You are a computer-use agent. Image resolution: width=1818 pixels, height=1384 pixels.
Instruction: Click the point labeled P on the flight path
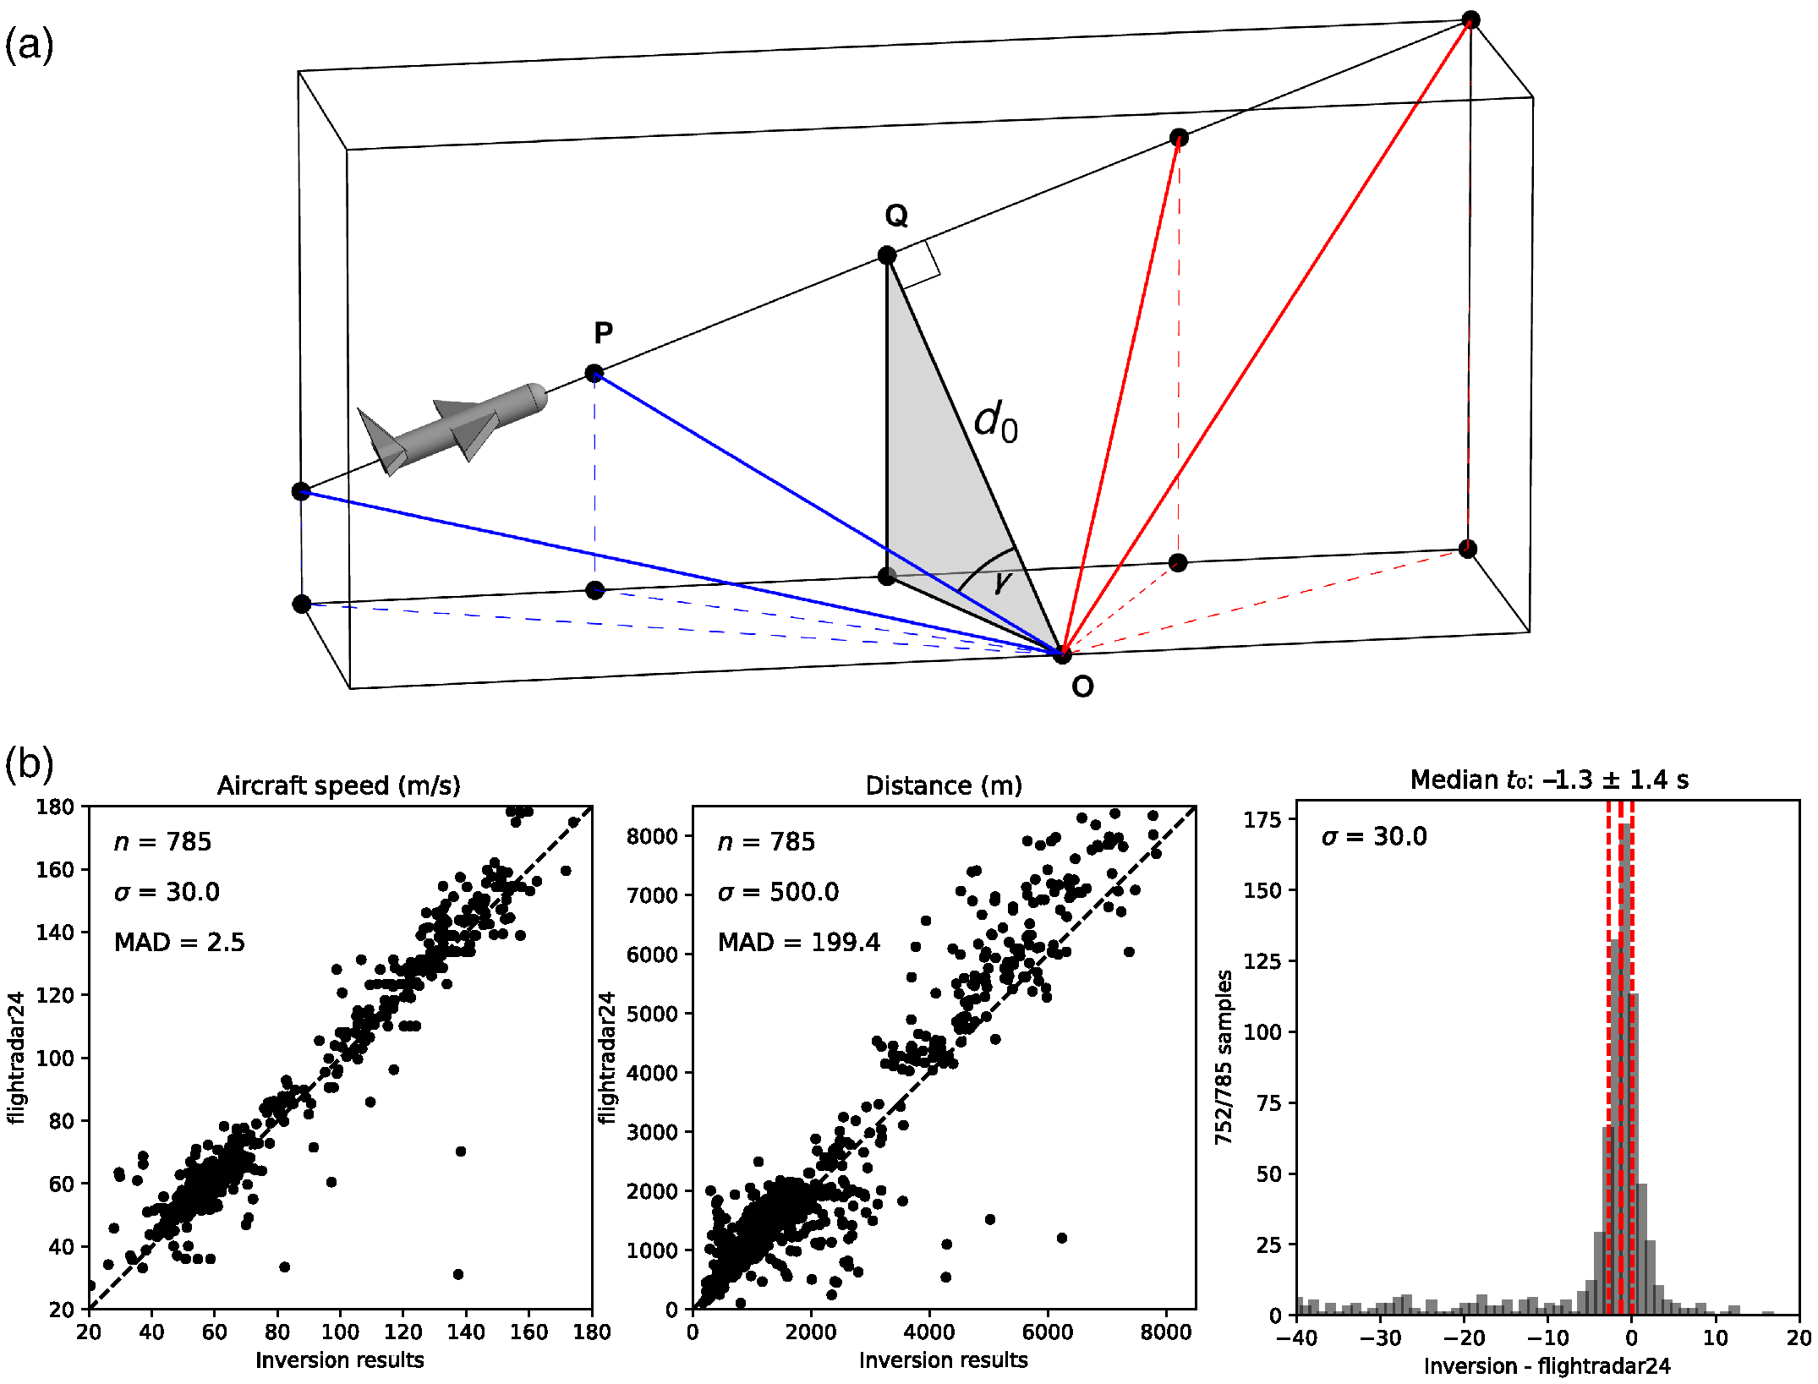coord(594,374)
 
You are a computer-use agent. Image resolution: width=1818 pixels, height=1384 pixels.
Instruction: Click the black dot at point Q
coord(886,255)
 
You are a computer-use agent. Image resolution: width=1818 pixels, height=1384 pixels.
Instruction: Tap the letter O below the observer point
coord(1082,687)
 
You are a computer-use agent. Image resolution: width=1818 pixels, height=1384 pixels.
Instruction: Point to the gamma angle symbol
coord(1003,581)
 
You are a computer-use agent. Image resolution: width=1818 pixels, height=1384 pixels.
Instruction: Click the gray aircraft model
coord(452,428)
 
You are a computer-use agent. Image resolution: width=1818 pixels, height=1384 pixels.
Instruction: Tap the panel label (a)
coord(29,44)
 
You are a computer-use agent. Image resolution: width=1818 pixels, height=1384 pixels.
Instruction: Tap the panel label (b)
coord(29,763)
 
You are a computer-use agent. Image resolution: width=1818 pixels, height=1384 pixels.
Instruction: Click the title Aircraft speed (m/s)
coord(338,785)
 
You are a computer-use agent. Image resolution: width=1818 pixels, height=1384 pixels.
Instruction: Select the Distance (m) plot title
coord(944,785)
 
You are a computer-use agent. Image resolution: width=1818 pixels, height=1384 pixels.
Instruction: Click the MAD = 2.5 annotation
coord(179,942)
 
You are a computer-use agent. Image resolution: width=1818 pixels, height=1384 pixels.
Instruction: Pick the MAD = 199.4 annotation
coord(798,942)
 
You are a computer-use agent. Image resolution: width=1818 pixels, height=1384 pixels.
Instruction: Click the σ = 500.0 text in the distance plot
coord(778,892)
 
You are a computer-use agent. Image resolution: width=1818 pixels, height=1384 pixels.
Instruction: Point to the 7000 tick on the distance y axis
coord(652,894)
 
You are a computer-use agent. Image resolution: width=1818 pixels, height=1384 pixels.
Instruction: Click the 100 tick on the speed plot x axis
coord(340,1332)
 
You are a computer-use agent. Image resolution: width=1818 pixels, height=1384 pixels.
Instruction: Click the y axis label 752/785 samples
coord(1224,1057)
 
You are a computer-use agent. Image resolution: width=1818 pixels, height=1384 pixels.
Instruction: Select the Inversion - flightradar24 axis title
coord(1547,1366)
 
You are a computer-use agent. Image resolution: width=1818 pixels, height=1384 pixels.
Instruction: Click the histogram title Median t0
coord(1548,780)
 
